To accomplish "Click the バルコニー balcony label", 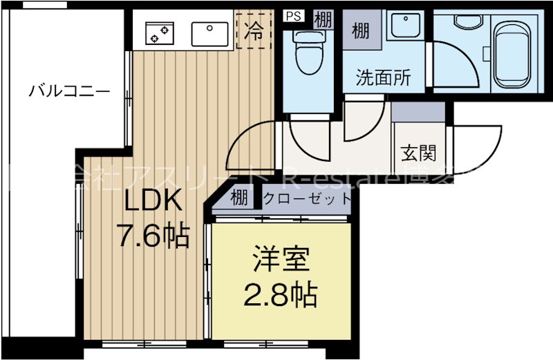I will tap(68, 91).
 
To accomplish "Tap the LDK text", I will tap(153, 201).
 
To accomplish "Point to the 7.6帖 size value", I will tap(153, 236).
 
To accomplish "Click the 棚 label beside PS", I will tap(322, 19).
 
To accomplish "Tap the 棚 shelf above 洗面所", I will tap(360, 31).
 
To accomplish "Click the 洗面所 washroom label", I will tap(383, 77).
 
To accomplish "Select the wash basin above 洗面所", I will tap(404, 27).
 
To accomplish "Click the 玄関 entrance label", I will tap(418, 151).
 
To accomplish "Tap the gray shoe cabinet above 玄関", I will tap(418, 111).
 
